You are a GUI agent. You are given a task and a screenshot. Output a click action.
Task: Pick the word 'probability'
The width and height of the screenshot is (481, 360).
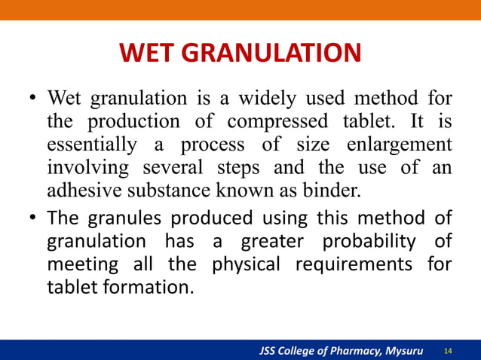(x=365, y=243)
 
